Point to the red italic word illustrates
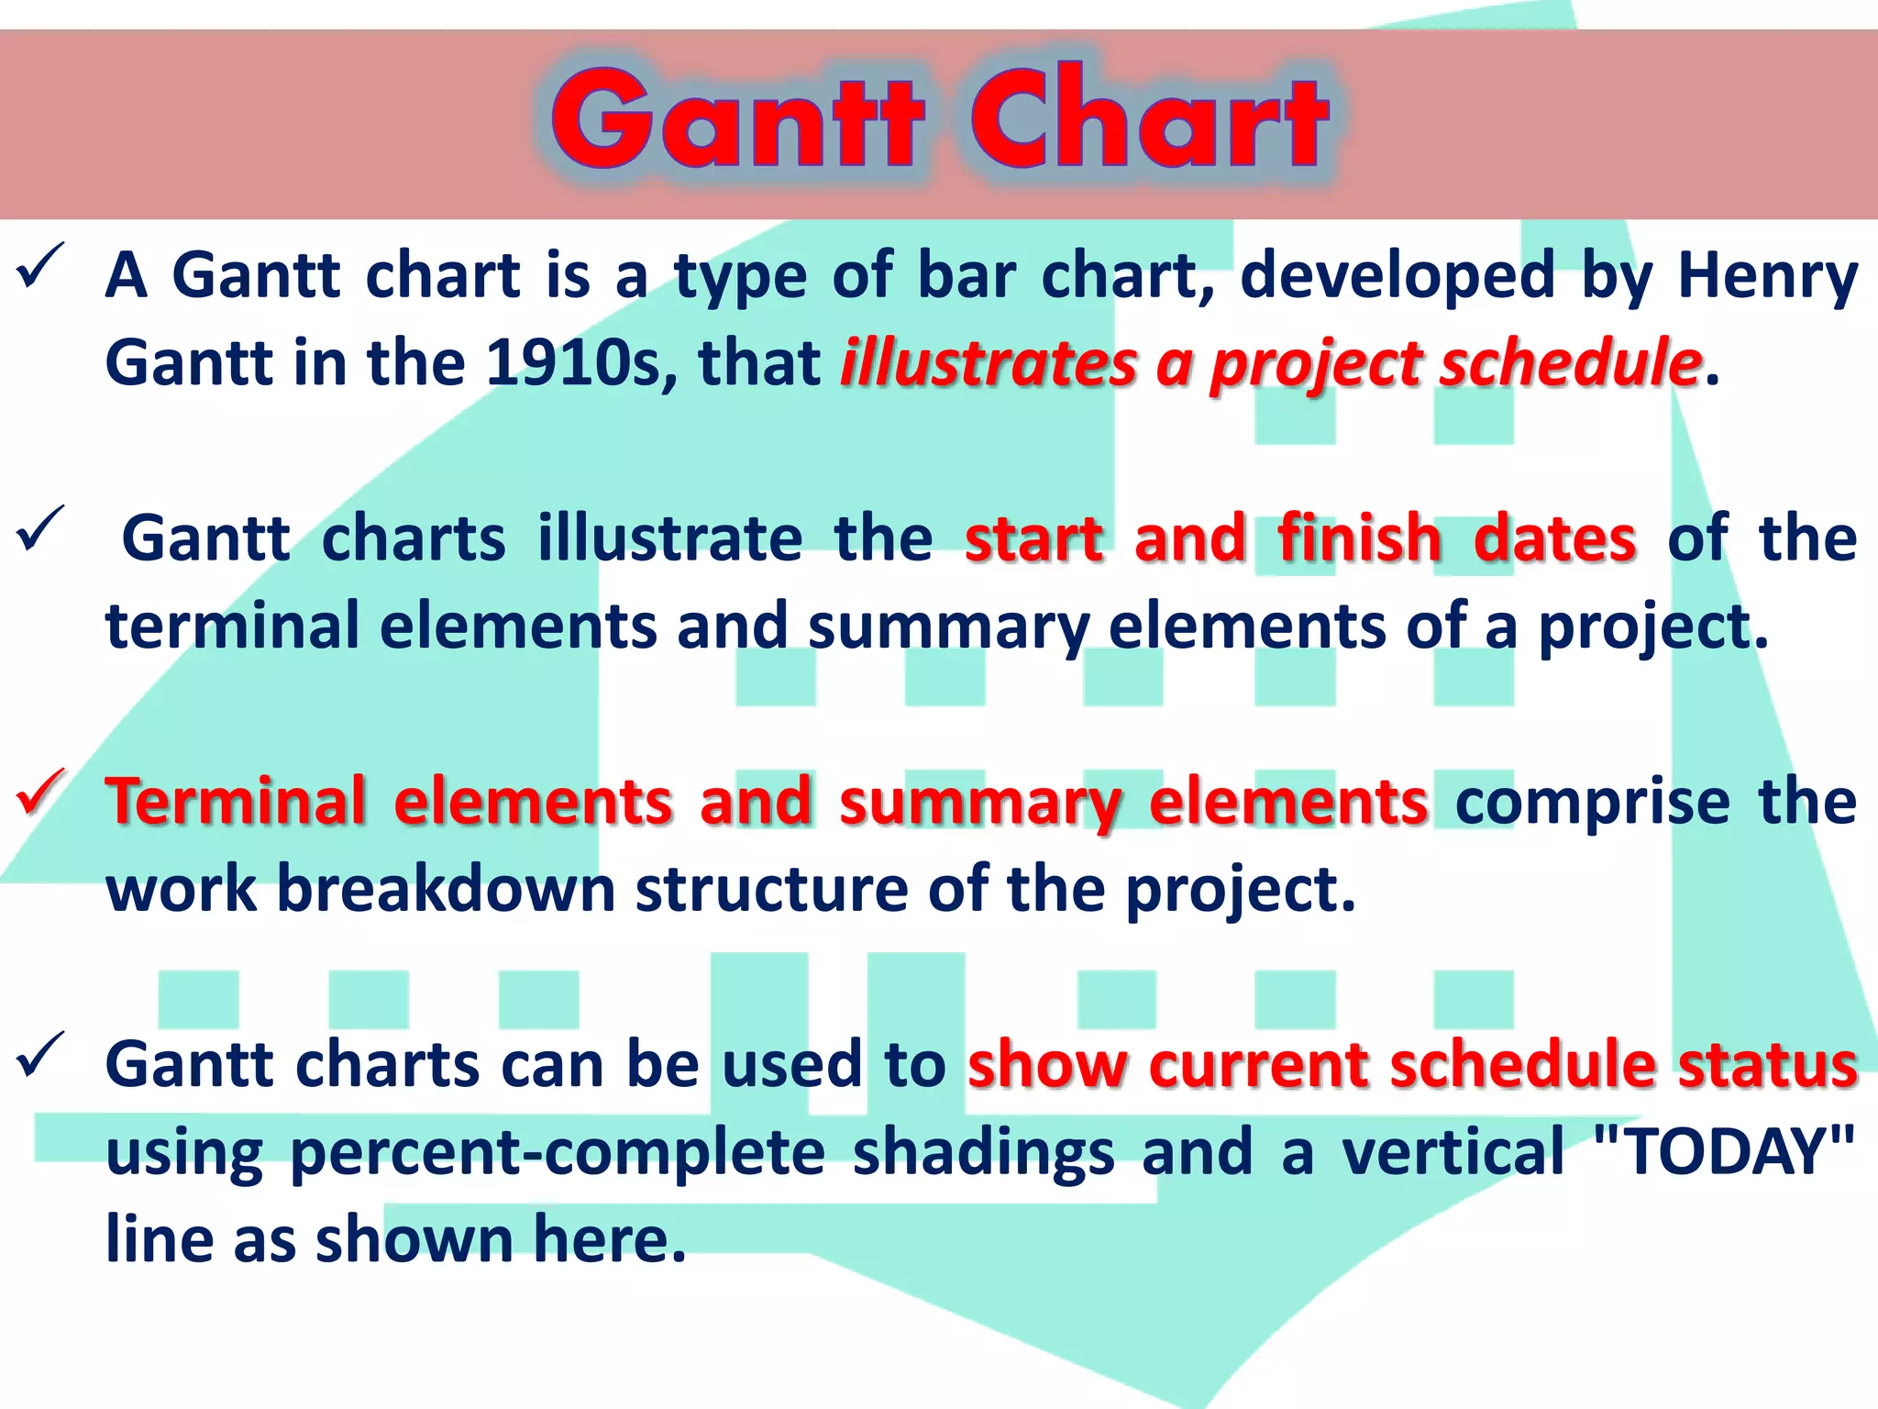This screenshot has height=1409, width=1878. pos(989,363)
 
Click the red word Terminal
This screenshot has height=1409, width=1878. pos(236,802)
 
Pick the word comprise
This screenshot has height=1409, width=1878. pos(1592,802)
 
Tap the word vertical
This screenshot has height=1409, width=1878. pos(1453,1152)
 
